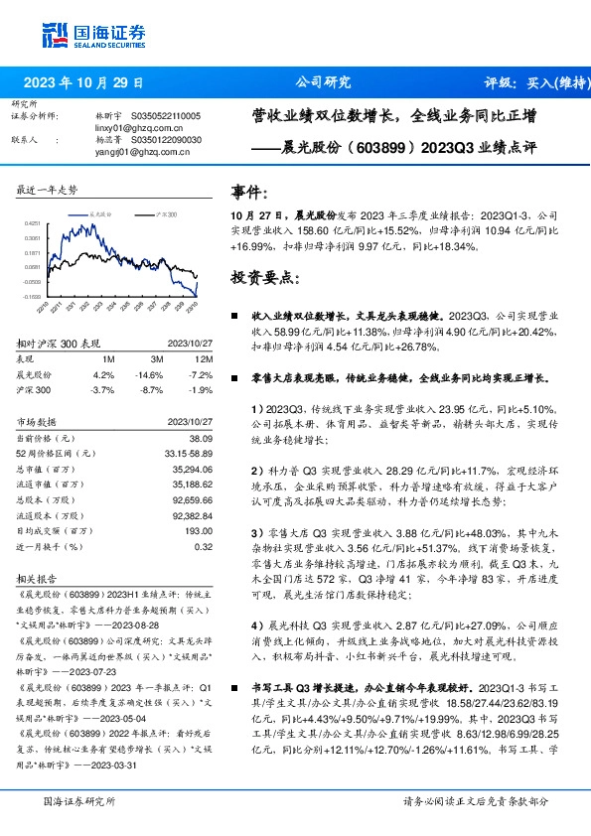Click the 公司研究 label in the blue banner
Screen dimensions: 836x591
pyautogui.click(x=324, y=83)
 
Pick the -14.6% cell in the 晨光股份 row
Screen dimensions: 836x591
pyautogui.click(x=151, y=375)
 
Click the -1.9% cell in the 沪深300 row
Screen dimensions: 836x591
pyautogui.click(x=202, y=391)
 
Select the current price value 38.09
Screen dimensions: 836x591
pyautogui.click(x=202, y=438)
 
